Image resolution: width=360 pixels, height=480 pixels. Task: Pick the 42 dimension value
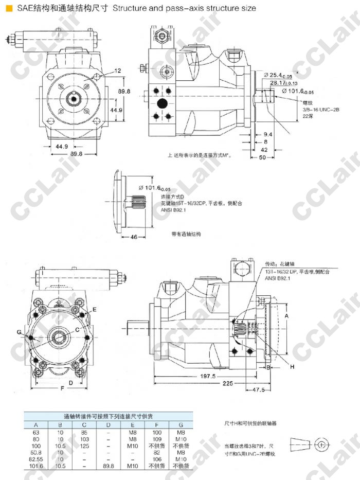pos(264,149)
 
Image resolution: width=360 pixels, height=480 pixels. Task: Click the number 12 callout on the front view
pos(117,70)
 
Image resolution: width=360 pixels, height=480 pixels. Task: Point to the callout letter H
pos(292,367)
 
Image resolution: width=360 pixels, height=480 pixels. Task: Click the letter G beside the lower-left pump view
pos(19,333)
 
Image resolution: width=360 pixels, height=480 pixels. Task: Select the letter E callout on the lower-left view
pos(95,309)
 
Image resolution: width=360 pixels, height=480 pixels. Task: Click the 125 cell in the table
pos(86,446)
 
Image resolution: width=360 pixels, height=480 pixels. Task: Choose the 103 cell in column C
pos(86,439)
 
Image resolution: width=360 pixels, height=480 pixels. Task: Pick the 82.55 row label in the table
pos(35,459)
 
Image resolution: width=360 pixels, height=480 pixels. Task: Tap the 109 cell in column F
pos(157,439)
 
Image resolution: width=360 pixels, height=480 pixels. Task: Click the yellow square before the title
pos(9,9)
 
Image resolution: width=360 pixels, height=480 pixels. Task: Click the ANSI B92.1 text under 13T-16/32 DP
pos(278,279)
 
